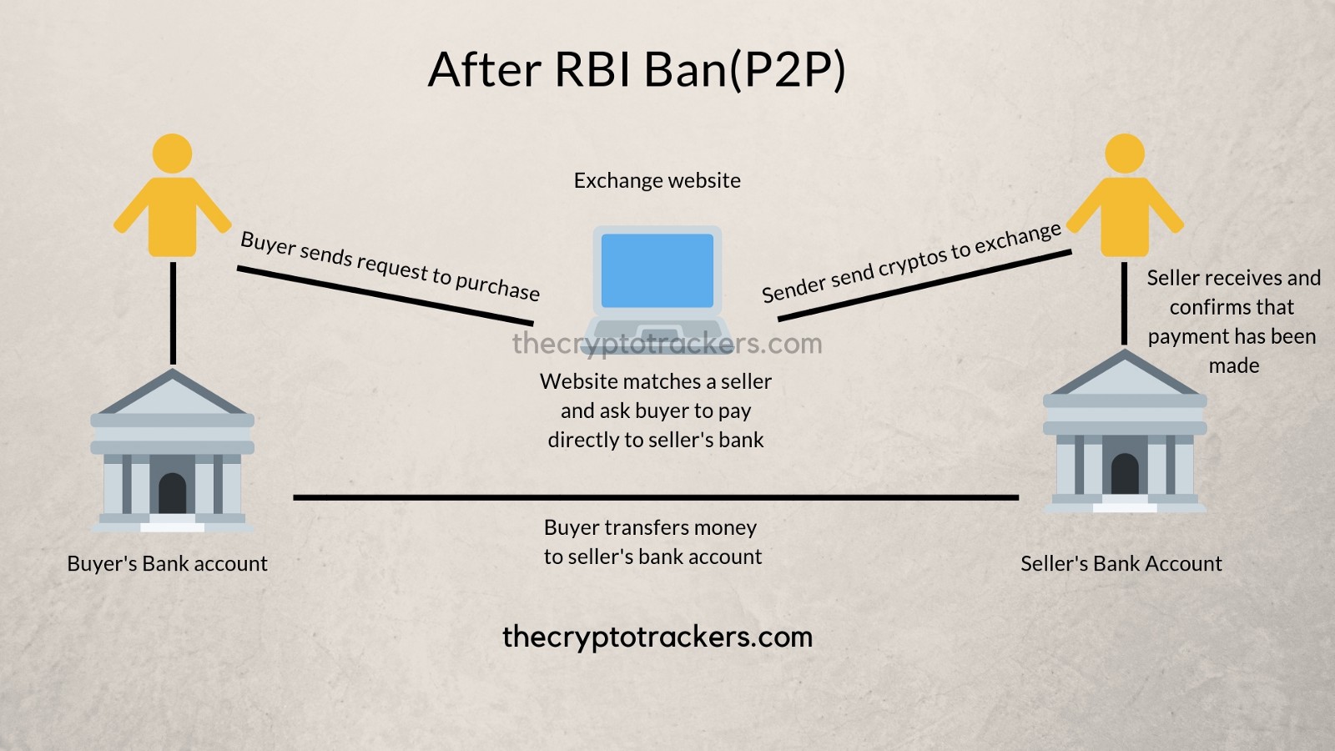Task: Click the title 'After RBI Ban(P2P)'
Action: (x=637, y=69)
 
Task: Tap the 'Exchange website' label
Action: (x=657, y=181)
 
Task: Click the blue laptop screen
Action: (x=657, y=270)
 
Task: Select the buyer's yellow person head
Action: (x=173, y=154)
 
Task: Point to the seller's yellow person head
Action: (x=1125, y=154)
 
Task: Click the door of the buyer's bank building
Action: (x=173, y=494)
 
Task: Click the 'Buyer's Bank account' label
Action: (x=167, y=564)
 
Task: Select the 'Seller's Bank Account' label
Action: (x=1121, y=564)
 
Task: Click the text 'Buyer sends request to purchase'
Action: (x=390, y=266)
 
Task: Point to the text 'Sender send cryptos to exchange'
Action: (x=911, y=263)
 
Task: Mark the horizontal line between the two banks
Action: (x=656, y=497)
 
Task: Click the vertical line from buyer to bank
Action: (x=173, y=313)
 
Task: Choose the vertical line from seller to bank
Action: (x=1125, y=305)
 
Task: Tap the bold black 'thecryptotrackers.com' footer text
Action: (x=657, y=637)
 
